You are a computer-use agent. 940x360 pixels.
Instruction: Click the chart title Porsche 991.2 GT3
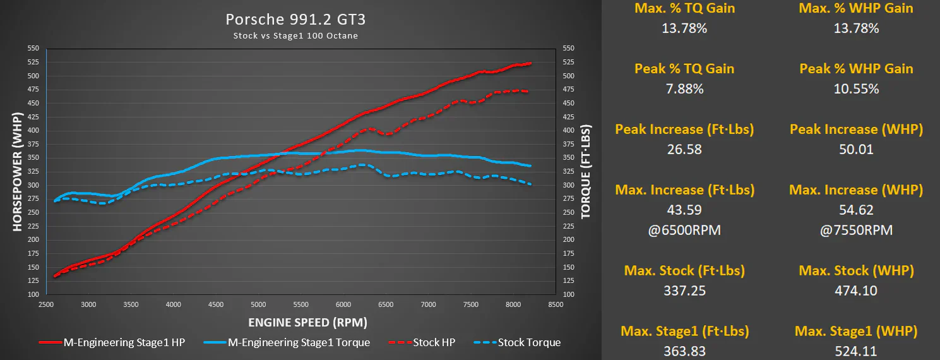click(295, 20)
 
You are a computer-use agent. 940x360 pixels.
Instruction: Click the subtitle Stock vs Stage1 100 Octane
click(295, 36)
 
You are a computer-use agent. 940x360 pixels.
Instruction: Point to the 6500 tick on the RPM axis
click(386, 304)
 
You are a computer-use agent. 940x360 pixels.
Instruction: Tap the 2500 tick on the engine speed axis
click(46, 304)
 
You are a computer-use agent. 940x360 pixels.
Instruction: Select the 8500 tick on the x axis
click(556, 304)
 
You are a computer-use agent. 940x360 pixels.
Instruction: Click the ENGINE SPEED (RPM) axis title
click(307, 323)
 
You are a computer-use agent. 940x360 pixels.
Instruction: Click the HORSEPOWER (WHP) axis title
click(17, 171)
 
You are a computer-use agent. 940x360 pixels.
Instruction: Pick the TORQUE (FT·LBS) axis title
click(586, 171)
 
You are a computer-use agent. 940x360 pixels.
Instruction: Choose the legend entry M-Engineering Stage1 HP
click(112, 342)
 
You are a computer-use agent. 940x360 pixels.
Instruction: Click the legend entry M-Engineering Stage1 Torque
click(287, 342)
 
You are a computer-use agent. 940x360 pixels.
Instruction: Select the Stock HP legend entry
click(422, 342)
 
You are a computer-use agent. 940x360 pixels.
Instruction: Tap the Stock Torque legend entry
click(517, 342)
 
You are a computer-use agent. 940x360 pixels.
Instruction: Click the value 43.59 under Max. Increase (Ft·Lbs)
click(684, 210)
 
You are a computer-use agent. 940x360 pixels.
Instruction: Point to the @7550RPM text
click(856, 230)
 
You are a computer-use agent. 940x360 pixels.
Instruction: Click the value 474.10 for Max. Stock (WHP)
click(856, 291)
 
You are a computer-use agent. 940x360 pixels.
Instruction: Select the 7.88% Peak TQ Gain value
click(684, 88)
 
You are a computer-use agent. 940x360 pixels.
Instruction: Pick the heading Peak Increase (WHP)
click(856, 129)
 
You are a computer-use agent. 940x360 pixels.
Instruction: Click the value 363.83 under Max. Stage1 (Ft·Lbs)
click(684, 351)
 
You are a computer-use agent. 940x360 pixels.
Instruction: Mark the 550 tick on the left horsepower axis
click(33, 48)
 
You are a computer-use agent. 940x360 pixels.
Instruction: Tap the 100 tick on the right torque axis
click(568, 294)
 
